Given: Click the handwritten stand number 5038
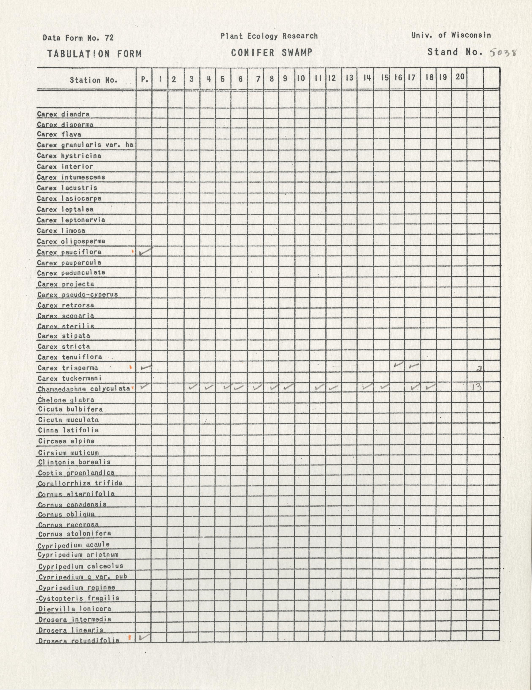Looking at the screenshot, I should pyautogui.click(x=503, y=53).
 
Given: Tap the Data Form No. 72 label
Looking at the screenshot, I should pyautogui.click(x=78, y=38).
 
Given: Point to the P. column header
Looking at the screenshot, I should pyautogui.click(x=144, y=79).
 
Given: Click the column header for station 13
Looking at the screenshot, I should pyautogui.click(x=349, y=78).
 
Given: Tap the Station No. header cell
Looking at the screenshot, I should pyautogui.click(x=94, y=80).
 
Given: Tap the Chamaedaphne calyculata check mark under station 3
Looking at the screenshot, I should pyautogui.click(x=193, y=387).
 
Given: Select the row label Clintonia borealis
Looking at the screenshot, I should pyautogui.click(x=74, y=462).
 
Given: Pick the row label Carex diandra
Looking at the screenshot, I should pyautogui.click(x=63, y=114).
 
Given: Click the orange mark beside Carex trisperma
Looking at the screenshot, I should pyautogui.click(x=131, y=367).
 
